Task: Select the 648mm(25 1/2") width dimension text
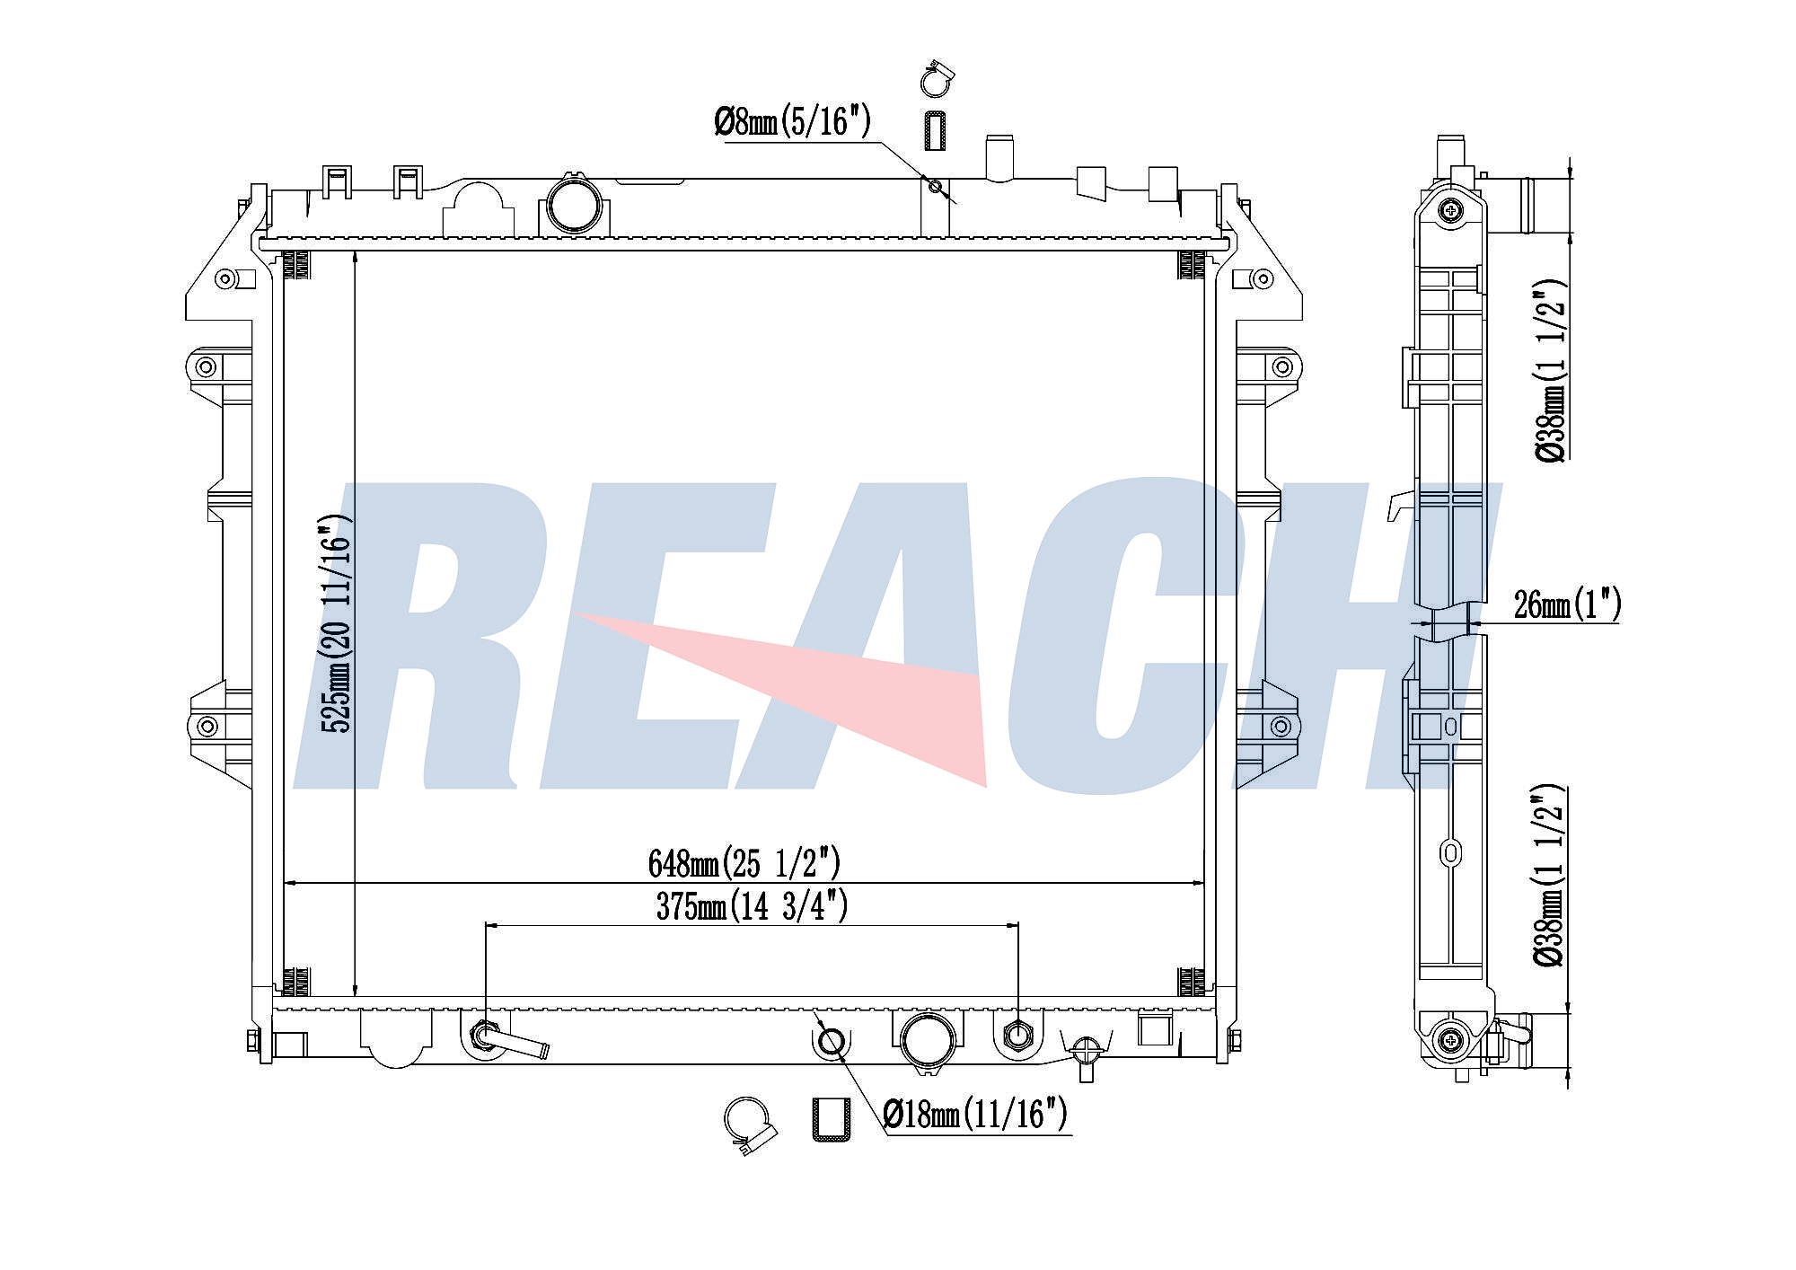click(x=744, y=864)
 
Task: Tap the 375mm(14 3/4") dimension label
click(x=752, y=906)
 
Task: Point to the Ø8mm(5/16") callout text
click(x=792, y=121)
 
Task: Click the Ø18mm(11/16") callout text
click(x=975, y=1115)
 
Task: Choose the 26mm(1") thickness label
click(x=1567, y=604)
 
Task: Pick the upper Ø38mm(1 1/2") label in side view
click(x=1551, y=369)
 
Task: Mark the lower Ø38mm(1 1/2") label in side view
click(x=1551, y=876)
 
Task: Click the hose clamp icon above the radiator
click(x=937, y=79)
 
